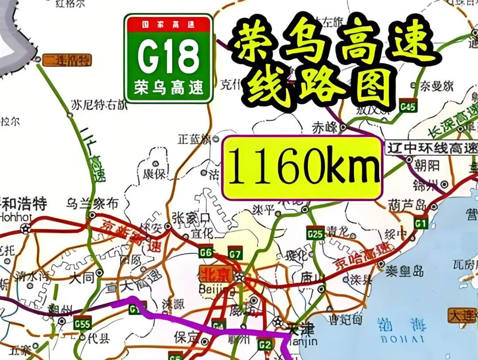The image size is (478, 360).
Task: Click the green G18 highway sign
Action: (x=168, y=58)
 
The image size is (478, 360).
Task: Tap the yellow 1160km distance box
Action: (x=302, y=168)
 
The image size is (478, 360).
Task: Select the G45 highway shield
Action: (x=408, y=106)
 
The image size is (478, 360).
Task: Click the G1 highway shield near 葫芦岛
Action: (x=420, y=222)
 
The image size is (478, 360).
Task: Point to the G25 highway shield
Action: (x=315, y=233)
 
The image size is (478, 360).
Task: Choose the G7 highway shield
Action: (x=235, y=253)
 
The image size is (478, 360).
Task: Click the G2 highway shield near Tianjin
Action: (x=264, y=344)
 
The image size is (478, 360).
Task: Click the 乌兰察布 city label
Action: (x=93, y=204)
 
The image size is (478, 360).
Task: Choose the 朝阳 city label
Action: (x=428, y=166)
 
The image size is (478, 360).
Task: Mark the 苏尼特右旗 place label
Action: (x=98, y=105)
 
